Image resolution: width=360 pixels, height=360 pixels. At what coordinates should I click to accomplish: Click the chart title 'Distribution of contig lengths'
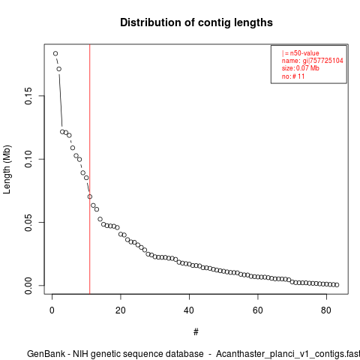coord(196,22)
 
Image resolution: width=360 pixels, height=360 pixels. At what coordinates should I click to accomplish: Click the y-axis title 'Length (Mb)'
coord(7,169)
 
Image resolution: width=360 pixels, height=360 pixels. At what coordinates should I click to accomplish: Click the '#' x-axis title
coord(196,332)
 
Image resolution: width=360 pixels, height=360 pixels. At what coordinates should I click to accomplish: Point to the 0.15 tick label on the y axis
coord(28,96)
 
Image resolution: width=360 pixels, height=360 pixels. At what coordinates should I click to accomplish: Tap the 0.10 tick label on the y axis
coord(28,159)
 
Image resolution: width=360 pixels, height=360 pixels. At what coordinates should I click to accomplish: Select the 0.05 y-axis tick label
coord(28,223)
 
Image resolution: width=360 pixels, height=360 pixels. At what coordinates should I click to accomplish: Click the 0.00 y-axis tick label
coord(28,286)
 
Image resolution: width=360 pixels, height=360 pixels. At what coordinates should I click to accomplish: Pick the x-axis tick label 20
coord(121,310)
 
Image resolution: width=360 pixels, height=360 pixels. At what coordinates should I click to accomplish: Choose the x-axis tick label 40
coord(189,310)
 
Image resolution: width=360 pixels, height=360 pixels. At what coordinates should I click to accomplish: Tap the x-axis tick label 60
coord(258,310)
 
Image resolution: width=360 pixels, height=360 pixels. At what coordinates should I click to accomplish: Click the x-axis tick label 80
coord(326,310)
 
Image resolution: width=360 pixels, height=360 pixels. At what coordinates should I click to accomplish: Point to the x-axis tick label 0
coord(52,310)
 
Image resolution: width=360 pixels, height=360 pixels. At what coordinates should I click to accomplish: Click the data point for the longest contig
coord(55,53)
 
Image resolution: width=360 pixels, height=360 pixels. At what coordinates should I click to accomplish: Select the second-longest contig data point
coord(59,69)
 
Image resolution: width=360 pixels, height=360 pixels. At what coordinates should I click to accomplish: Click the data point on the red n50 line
coord(90,196)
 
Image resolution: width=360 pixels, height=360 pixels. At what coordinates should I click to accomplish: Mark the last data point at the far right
coord(337,285)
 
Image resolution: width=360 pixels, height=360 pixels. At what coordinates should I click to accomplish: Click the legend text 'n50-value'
coord(304,53)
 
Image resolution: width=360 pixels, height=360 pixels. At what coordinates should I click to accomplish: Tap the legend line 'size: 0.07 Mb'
coord(301,68)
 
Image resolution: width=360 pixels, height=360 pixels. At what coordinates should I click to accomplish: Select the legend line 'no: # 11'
coord(293,76)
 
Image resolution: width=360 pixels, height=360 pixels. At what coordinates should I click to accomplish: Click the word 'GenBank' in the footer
coord(46,354)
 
